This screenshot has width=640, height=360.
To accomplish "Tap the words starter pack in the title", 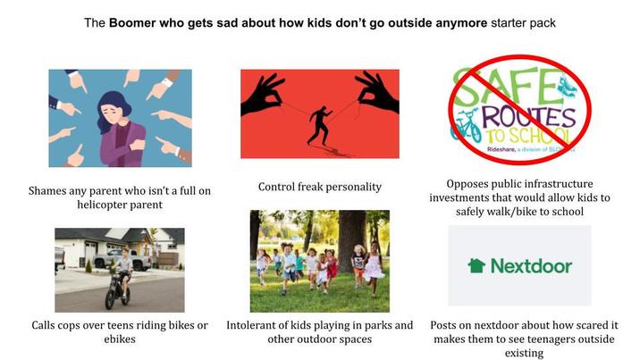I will click(523, 21).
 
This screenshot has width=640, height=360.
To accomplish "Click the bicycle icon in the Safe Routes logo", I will click(466, 126).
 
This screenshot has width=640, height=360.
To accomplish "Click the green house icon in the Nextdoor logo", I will click(476, 265).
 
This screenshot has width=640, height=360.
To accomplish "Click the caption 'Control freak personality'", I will click(319, 187).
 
